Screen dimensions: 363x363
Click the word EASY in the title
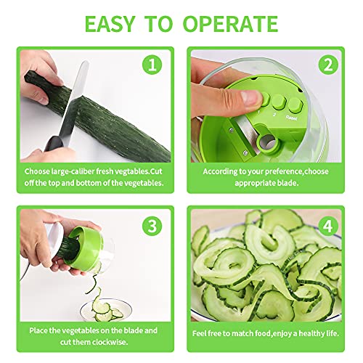(x=110, y=24)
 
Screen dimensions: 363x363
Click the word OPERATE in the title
(x=230, y=24)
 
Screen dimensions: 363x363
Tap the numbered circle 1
(x=152, y=65)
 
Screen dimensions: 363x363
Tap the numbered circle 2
(x=328, y=65)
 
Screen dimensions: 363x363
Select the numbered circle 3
(x=152, y=226)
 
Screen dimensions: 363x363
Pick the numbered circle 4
(x=328, y=226)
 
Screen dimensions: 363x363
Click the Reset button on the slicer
(x=295, y=105)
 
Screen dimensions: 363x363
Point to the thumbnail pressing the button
(x=251, y=98)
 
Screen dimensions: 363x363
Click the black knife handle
(x=54, y=144)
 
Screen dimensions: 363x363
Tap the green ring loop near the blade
(x=268, y=143)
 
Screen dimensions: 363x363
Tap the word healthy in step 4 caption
(x=311, y=333)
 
